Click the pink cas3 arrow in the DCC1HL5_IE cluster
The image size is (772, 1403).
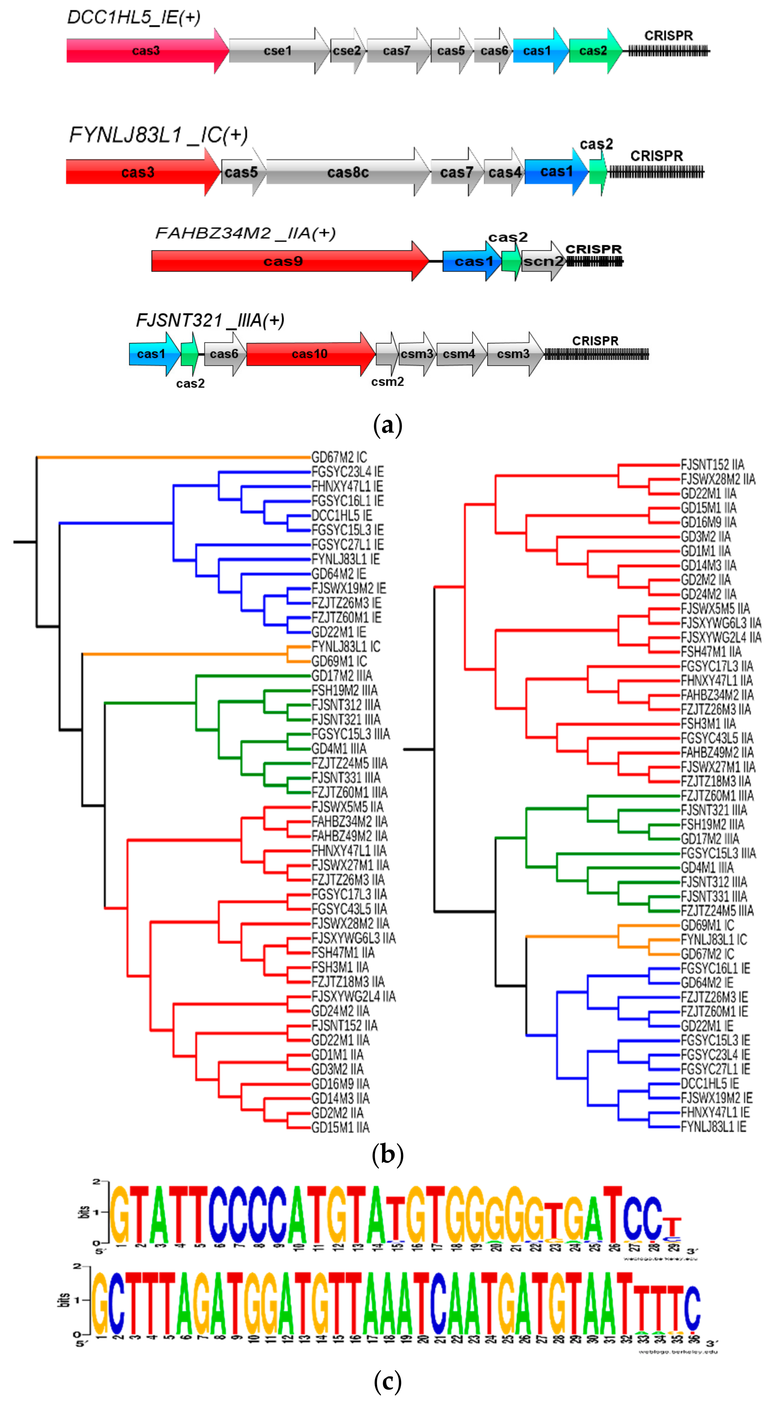(x=146, y=50)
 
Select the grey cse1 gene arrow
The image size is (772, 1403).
(x=278, y=50)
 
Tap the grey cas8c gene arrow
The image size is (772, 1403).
(x=347, y=172)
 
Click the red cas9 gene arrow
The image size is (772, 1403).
(x=283, y=261)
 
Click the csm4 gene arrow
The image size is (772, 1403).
(x=459, y=354)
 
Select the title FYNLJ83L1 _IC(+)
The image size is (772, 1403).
(x=158, y=135)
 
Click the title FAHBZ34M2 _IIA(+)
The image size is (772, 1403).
(x=245, y=233)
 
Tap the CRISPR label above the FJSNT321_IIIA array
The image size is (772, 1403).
(x=595, y=340)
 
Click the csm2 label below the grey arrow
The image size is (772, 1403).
(x=387, y=382)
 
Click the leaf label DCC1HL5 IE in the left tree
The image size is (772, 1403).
(x=341, y=515)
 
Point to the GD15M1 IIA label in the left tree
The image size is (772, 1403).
(x=340, y=1127)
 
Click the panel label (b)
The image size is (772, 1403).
(x=388, y=1154)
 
